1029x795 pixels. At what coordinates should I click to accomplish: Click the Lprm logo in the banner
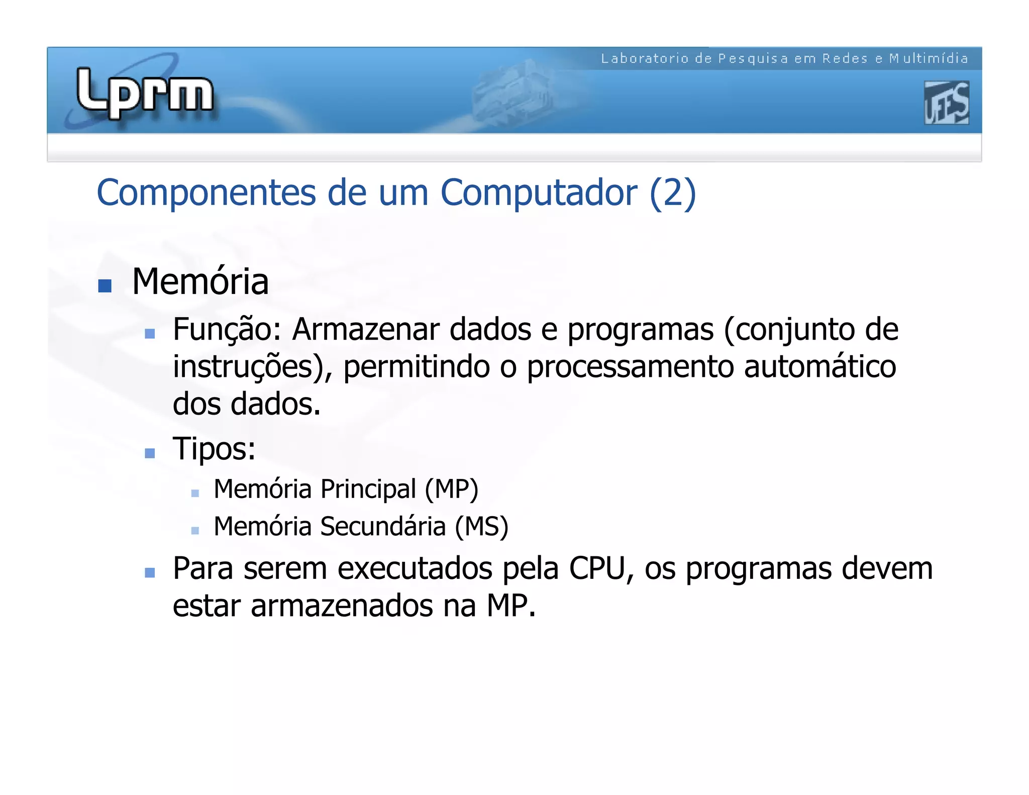click(145, 93)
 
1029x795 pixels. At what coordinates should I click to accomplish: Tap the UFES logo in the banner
click(946, 103)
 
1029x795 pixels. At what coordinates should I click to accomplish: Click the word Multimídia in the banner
click(929, 59)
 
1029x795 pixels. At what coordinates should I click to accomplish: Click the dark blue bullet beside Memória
click(105, 285)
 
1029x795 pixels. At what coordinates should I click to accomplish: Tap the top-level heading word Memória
click(200, 281)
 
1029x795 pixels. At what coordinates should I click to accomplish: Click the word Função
click(226, 330)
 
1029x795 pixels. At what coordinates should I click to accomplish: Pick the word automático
click(820, 367)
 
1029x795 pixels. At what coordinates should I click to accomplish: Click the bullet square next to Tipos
click(149, 453)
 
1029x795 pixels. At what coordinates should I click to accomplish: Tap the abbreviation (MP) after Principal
click(451, 489)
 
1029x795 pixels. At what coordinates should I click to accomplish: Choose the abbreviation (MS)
click(481, 527)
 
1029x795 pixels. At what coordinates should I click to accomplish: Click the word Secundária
click(383, 527)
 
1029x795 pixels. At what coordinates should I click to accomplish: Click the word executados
click(415, 569)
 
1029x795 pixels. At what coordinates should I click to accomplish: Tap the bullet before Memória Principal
click(195, 493)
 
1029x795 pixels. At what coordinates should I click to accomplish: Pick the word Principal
click(368, 489)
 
